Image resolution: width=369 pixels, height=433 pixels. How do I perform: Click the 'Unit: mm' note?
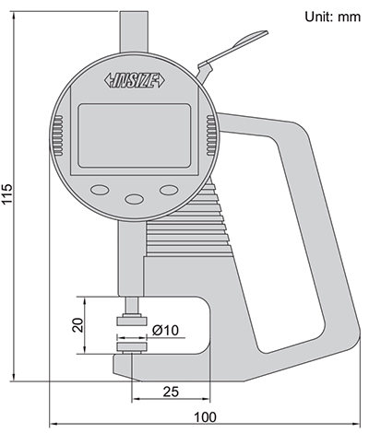tap(327, 17)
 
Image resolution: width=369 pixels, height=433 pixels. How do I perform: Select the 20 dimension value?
tap(78, 324)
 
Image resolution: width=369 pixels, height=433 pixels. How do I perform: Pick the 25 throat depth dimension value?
tap(170, 392)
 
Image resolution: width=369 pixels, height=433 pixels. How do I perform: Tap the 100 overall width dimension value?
tap(206, 417)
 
